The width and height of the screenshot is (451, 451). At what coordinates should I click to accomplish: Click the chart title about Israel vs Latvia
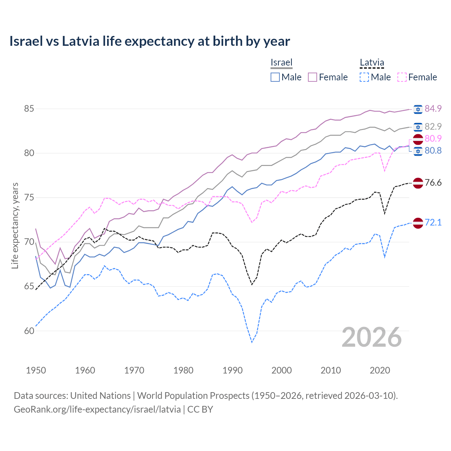pos(149,41)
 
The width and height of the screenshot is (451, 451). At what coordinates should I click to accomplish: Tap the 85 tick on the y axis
pos(29,109)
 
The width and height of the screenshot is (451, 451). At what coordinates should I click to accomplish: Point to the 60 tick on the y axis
pos(29,331)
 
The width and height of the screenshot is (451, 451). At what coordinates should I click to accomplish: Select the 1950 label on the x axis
pos(36,370)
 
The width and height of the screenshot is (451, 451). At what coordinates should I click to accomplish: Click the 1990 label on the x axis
pos(233,370)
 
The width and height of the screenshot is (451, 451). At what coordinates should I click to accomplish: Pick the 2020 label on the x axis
pos(380,370)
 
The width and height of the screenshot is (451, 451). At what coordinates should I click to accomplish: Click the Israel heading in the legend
pos(282,62)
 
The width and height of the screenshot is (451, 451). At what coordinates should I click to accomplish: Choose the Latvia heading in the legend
pos(372,62)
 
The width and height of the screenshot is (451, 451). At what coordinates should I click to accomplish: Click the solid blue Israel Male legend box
pos(275,77)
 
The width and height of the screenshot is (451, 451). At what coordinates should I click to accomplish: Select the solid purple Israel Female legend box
pos(313,77)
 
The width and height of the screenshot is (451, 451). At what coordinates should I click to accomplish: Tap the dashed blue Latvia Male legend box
pos(364,77)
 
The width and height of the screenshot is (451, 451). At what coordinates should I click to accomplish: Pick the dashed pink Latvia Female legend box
pos(402,77)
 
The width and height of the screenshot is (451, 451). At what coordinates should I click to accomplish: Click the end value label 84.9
pos(433,109)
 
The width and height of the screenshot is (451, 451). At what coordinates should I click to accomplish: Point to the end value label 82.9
pos(433,126)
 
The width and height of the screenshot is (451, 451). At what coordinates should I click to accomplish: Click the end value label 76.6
pos(433,183)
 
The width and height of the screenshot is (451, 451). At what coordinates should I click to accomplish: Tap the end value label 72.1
pos(433,222)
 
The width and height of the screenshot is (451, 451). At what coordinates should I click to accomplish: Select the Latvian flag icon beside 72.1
pos(418,223)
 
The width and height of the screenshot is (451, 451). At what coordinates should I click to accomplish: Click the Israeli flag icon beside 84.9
pos(418,109)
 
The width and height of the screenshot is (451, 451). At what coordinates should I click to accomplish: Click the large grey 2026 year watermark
pos(372,337)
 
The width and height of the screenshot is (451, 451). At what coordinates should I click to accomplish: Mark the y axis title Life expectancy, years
pos(15,225)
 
